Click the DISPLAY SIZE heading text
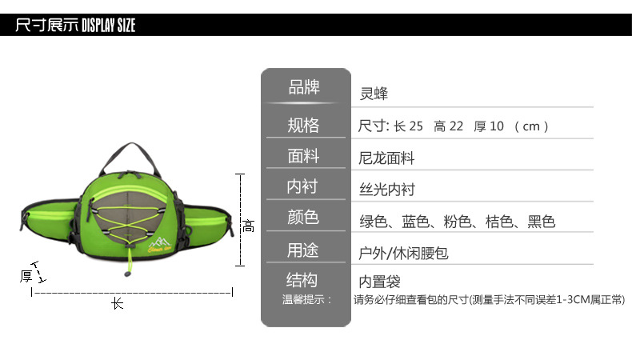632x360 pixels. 109,26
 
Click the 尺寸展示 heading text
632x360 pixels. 47,26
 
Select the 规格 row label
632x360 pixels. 303,125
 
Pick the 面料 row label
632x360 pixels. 303,156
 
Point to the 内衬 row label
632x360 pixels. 303,186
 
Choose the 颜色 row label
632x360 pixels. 303,218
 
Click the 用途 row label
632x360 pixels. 303,250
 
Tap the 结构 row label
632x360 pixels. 303,280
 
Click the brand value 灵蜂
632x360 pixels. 374,94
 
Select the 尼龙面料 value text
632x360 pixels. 387,158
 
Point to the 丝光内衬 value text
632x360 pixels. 387,190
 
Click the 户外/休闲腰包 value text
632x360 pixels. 398,254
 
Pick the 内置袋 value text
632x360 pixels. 379,282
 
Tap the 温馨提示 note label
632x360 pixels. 306,300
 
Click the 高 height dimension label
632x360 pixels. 249,226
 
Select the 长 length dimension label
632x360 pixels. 118,304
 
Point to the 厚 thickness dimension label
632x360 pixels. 26,277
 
